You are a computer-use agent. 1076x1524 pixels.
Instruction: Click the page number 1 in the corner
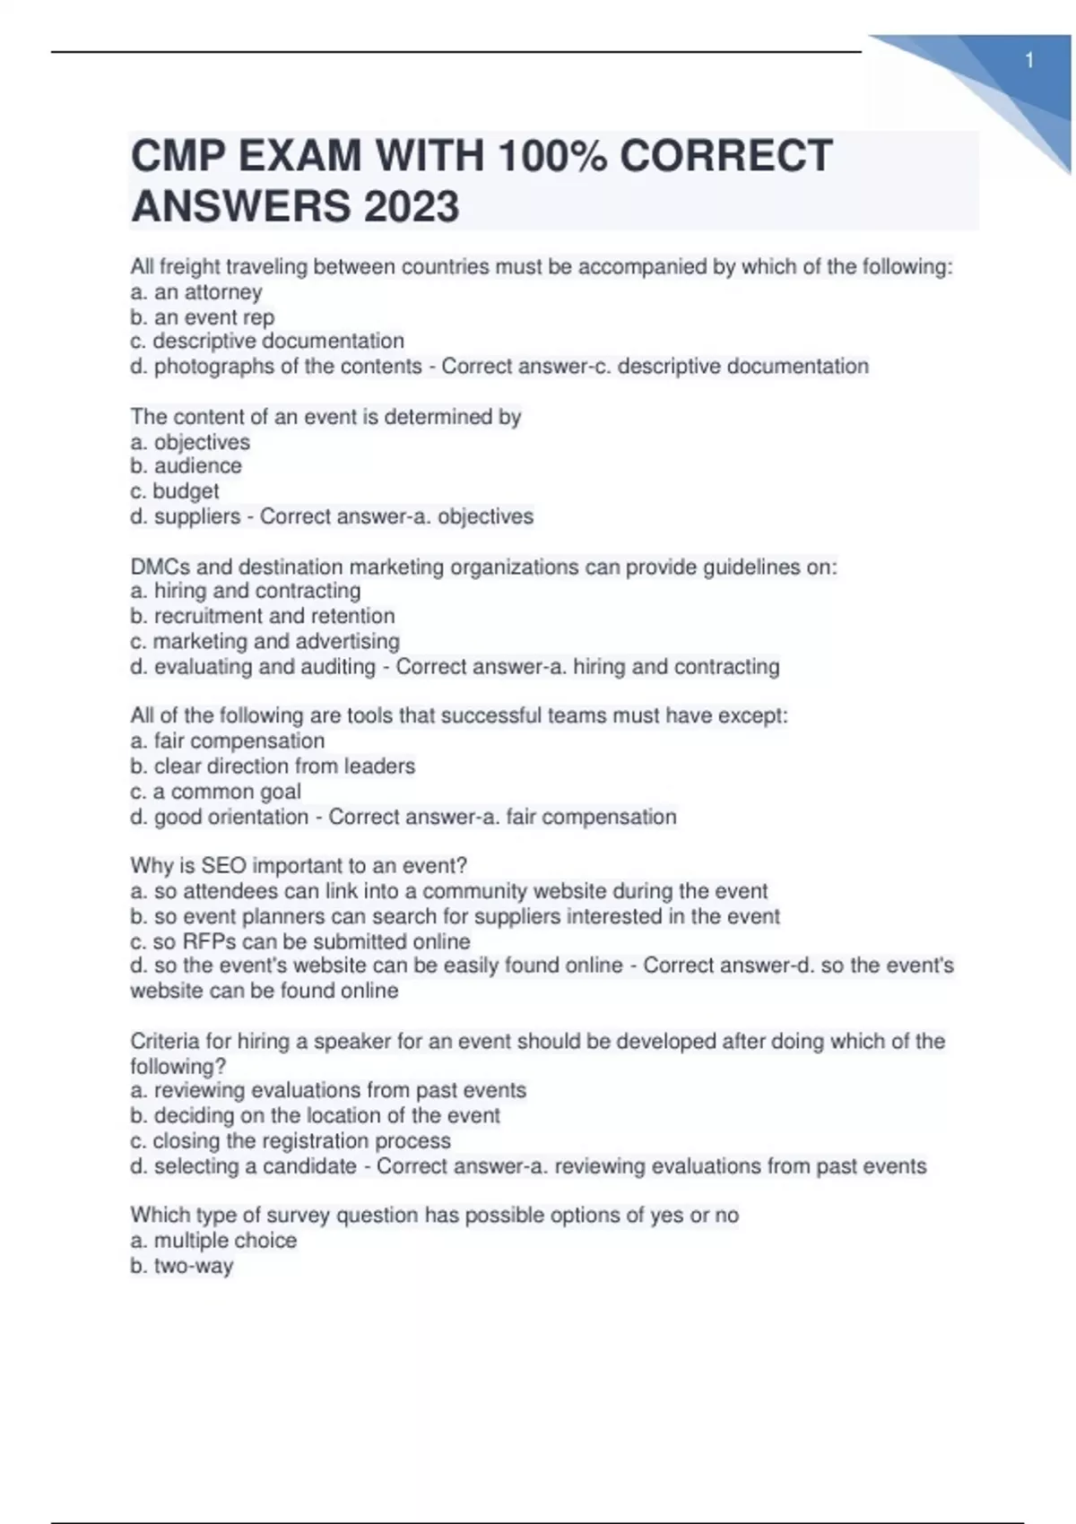point(1029,61)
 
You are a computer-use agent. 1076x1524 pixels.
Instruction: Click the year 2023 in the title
point(411,206)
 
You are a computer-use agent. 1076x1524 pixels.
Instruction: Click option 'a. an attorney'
point(196,292)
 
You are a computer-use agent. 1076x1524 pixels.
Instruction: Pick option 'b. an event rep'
point(203,317)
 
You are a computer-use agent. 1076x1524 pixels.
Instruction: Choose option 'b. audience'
point(187,466)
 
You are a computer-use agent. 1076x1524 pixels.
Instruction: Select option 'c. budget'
point(175,491)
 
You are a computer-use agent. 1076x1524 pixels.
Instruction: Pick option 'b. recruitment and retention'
point(263,616)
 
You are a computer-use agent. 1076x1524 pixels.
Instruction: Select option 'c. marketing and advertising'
point(265,641)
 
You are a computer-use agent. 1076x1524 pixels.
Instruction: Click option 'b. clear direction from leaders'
point(273,766)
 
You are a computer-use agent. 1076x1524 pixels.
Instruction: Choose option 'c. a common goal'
point(216,792)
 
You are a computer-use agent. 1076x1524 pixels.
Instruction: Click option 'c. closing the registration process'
point(291,1141)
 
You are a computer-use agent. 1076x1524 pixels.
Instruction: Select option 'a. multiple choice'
point(213,1241)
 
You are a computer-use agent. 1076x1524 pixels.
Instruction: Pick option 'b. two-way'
point(182,1266)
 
